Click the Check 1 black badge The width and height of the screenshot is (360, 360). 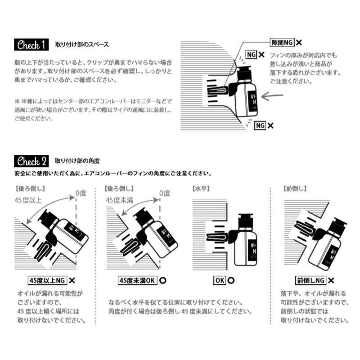tap(31, 45)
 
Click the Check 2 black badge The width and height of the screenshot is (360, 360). tap(31, 161)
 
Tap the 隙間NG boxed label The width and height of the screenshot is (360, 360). tap(282, 42)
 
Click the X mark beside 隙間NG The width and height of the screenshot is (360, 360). tap(299, 42)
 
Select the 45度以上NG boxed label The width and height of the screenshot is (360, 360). tap(47, 280)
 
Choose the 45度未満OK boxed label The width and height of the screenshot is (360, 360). tap(137, 280)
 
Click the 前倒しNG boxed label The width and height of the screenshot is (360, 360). tap(310, 280)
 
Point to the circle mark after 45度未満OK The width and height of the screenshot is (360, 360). tap(163, 280)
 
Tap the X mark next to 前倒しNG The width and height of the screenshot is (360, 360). tap(331, 280)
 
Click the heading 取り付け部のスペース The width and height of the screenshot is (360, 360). tap(82, 45)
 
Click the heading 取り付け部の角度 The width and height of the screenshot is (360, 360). tap(77, 161)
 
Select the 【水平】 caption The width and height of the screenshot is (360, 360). tap(201, 189)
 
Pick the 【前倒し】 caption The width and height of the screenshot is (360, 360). tap(295, 189)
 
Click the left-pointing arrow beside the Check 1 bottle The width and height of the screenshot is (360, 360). tap(272, 96)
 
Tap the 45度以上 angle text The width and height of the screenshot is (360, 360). tap(28, 200)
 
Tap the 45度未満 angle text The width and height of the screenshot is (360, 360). tap(119, 200)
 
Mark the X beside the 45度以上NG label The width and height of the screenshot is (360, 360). tap(72, 280)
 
